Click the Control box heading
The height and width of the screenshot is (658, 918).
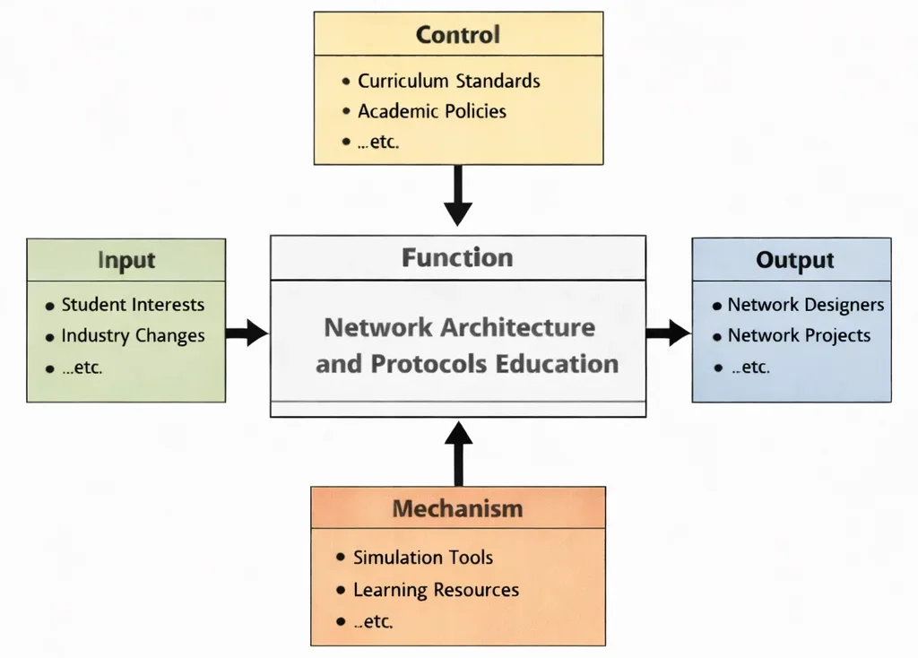pos(458,36)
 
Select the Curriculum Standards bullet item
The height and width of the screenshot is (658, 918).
pos(448,81)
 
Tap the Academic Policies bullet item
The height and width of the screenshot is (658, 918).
pos(431,112)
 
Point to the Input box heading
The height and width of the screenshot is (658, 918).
pos(126,261)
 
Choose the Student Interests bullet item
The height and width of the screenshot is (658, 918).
pos(132,305)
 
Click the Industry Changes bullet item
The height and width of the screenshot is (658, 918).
pos(133,336)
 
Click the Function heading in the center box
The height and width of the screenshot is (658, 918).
pos(457,258)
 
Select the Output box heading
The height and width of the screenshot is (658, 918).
pos(794,261)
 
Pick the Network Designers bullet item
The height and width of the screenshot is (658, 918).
pos(805,305)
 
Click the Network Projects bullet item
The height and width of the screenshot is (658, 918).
pos(798,336)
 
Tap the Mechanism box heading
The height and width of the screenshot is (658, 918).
pos(457,509)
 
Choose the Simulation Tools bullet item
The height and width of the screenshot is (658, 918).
pos(422,558)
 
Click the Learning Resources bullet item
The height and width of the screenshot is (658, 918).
pos(436,590)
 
